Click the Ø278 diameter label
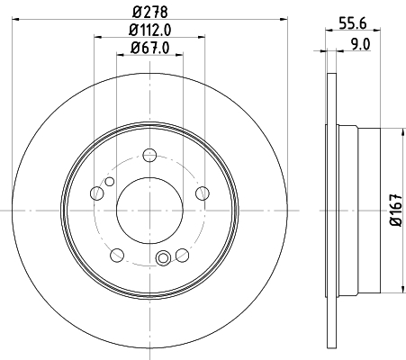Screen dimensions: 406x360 tap(149, 13)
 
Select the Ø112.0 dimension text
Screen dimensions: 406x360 tap(149, 30)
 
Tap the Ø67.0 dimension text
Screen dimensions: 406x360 tap(150, 48)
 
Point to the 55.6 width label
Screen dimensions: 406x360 tap(353, 22)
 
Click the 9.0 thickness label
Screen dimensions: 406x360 tap(360, 44)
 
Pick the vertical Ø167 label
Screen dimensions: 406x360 tap(396, 211)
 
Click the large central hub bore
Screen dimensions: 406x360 tap(149, 211)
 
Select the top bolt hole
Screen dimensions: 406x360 tap(149, 155)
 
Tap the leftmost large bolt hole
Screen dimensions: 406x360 tap(96, 193)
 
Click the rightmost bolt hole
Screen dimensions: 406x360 tap(203, 193)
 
